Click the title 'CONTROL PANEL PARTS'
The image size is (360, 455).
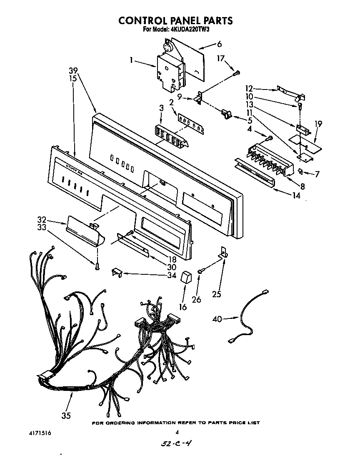175,20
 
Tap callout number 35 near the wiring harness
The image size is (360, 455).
66,415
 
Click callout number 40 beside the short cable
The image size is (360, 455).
217,319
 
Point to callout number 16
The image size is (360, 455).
182,307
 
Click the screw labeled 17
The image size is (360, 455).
237,73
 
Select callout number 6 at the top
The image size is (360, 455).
219,44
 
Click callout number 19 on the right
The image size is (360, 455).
318,123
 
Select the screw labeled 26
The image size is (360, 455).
200,271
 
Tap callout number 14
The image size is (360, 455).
296,195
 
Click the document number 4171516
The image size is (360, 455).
40,433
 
